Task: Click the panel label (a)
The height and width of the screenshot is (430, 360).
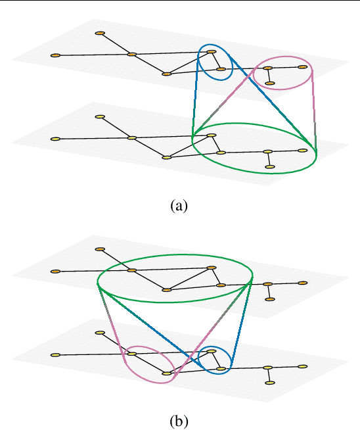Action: [x=179, y=206]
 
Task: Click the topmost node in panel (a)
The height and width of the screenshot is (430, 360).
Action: [x=100, y=33]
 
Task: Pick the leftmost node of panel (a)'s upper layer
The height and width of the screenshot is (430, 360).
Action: [x=56, y=55]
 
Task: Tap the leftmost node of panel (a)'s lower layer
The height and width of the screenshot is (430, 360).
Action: [x=56, y=139]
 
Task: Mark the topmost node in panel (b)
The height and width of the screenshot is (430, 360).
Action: [x=100, y=249]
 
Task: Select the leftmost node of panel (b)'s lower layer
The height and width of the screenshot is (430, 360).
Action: [x=56, y=355]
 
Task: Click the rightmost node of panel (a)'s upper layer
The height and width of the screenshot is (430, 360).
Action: [x=303, y=66]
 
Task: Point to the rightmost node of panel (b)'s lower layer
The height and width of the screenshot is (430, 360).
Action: [x=303, y=366]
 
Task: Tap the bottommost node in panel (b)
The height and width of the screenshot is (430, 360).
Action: [x=270, y=383]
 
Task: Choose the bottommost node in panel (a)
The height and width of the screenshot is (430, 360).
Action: [x=270, y=167]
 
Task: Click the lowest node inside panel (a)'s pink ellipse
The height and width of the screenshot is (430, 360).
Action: [x=270, y=84]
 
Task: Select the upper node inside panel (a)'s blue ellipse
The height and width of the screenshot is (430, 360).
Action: [x=212, y=51]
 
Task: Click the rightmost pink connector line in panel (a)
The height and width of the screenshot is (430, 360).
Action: [x=314, y=108]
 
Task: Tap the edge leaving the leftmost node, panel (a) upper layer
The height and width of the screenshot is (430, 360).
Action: [x=92, y=55]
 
